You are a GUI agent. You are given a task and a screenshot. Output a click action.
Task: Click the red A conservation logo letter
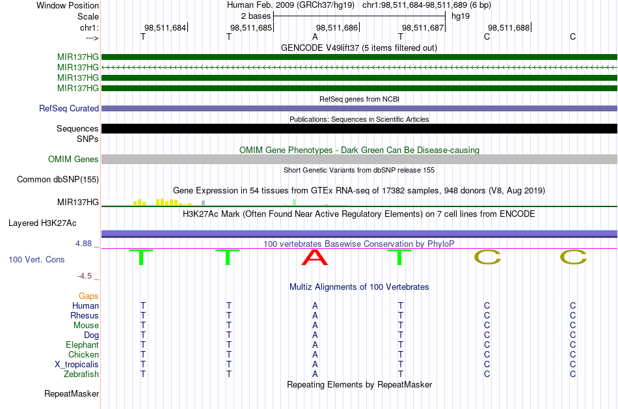coord(314,257)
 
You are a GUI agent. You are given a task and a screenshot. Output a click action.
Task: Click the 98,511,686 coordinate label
coord(337,27)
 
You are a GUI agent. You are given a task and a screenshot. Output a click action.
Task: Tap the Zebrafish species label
coord(81,374)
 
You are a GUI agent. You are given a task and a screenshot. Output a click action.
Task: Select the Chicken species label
coord(83,354)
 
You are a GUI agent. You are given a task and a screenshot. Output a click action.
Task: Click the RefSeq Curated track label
coord(69,109)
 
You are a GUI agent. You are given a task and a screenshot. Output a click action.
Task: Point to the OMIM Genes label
coord(74,160)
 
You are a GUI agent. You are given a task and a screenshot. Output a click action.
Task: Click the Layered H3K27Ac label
coord(42,223)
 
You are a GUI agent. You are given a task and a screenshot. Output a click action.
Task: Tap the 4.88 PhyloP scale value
coord(83,244)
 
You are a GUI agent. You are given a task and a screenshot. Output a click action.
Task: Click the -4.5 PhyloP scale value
coord(85,276)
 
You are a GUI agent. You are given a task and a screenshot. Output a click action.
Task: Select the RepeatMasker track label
coord(72,393)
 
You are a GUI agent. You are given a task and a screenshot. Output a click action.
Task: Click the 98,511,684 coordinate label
coord(165,27)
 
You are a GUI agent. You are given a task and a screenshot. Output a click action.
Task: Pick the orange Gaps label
coord(88,296)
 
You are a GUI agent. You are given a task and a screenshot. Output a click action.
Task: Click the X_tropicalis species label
coord(77,365)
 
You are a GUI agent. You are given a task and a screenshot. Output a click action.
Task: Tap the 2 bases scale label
coord(256,16)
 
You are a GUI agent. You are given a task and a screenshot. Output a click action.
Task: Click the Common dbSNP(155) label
coord(58,180)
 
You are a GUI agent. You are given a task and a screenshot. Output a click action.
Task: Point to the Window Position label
coord(68,5)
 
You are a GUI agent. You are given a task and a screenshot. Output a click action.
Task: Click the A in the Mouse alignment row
coord(315,326)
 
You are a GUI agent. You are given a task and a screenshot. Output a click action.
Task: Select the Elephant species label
coord(83,345)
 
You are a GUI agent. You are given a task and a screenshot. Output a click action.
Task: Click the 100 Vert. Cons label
coord(36,259)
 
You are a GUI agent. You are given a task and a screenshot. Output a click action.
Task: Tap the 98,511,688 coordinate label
coord(509,27)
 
